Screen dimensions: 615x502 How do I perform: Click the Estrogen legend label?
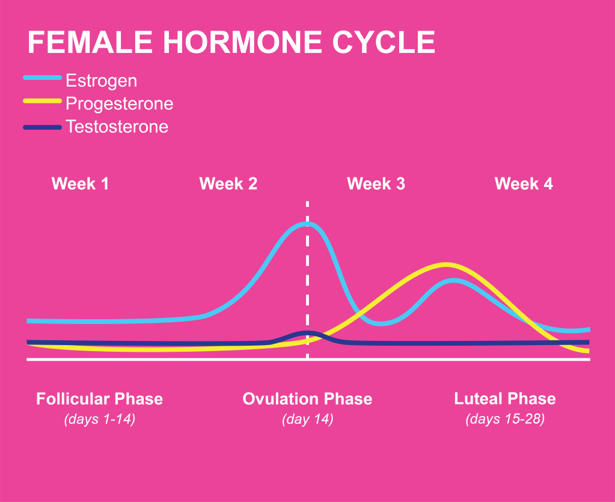(x=101, y=81)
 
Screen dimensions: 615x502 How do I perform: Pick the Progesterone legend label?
(x=119, y=103)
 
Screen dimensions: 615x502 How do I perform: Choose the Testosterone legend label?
(x=117, y=126)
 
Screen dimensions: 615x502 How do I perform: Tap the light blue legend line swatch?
(x=42, y=78)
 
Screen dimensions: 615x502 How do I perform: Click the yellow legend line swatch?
(x=42, y=101)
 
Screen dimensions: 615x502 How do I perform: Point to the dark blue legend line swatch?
(x=42, y=127)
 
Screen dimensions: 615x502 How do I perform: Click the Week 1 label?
(x=80, y=183)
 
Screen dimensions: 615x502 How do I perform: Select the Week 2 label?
(x=228, y=183)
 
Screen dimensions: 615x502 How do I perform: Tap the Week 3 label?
(x=376, y=183)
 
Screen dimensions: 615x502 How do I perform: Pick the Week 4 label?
(x=524, y=183)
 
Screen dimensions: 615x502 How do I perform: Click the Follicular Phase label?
(x=100, y=399)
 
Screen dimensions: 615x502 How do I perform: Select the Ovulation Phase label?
(x=308, y=399)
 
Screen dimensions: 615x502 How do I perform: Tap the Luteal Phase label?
(x=505, y=399)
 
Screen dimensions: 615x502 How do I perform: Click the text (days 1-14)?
(x=100, y=419)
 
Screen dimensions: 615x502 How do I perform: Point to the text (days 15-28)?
(x=505, y=419)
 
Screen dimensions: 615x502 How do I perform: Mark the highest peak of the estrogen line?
(x=308, y=224)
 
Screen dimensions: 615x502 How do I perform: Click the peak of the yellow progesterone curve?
(x=446, y=265)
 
